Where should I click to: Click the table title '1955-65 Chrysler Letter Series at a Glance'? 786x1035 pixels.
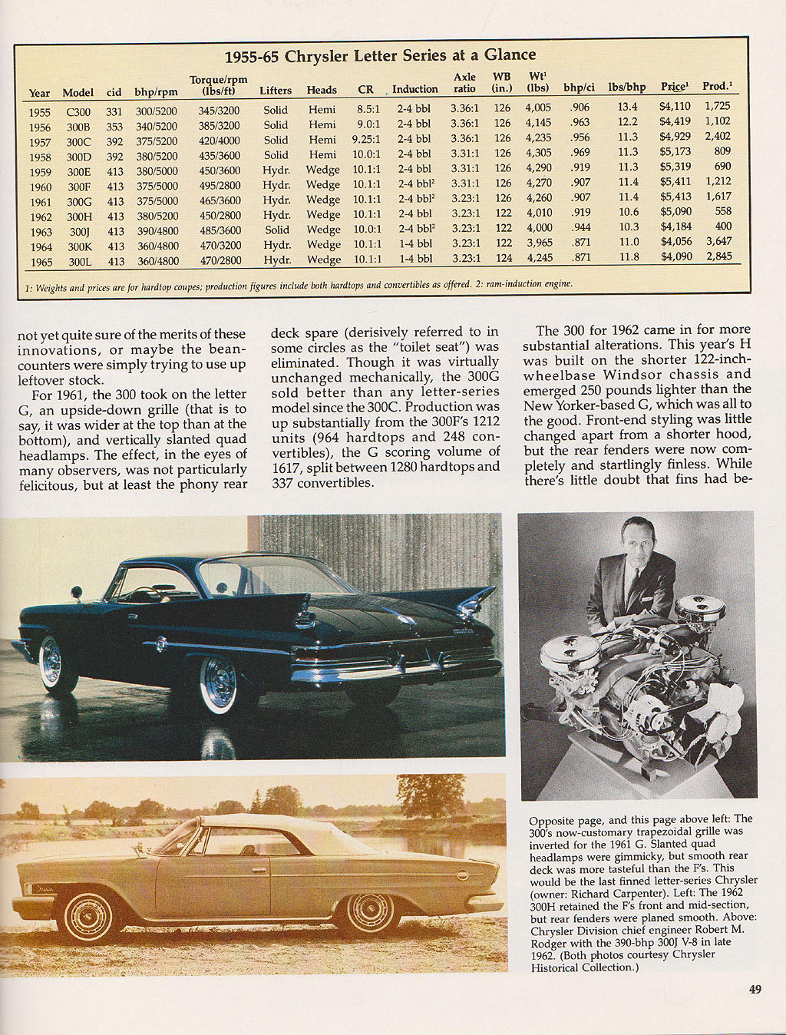click(x=380, y=55)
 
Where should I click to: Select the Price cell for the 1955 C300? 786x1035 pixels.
click(x=675, y=107)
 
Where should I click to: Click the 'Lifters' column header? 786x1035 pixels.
click(x=276, y=90)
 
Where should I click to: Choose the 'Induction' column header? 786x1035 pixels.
click(x=414, y=89)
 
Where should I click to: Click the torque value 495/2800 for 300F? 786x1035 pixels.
click(x=220, y=185)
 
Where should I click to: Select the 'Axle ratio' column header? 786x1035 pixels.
click(x=464, y=83)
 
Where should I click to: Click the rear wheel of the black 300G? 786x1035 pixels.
click(x=220, y=681)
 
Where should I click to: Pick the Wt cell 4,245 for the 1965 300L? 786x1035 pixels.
click(x=538, y=258)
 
